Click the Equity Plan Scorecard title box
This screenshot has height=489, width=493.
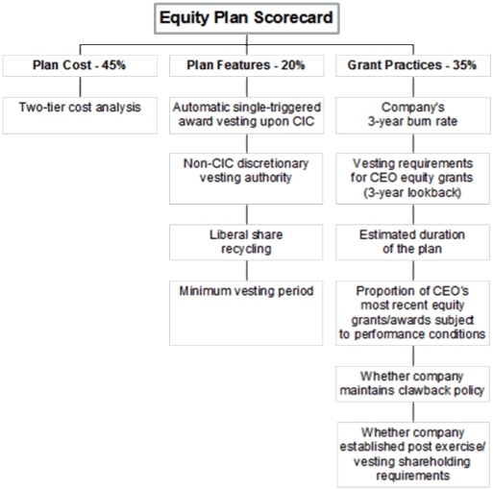[247, 18]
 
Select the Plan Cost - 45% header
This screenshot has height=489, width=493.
[80, 65]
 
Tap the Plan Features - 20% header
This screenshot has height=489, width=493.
[247, 65]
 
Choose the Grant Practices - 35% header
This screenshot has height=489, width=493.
[413, 65]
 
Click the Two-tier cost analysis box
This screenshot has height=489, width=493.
[80, 115]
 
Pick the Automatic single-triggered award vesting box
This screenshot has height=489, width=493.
[247, 115]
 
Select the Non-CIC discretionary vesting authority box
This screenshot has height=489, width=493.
[246, 179]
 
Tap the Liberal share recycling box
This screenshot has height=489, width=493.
[246, 242]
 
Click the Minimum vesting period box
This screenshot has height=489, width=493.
[246, 313]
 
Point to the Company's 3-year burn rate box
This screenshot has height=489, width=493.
[413, 115]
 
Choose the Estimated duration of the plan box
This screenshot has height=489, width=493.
[412, 242]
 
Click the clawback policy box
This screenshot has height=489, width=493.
[412, 384]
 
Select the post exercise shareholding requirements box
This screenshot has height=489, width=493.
[413, 454]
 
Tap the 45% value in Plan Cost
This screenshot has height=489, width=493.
[113, 65]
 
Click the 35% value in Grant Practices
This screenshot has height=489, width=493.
[464, 65]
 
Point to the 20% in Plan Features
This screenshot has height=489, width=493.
[293, 65]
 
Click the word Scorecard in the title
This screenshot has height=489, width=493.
[294, 17]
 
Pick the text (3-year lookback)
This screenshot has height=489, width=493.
[412, 193]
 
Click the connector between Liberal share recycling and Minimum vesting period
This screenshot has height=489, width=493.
[247, 271]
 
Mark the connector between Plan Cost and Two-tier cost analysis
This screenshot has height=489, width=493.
[80, 86]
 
